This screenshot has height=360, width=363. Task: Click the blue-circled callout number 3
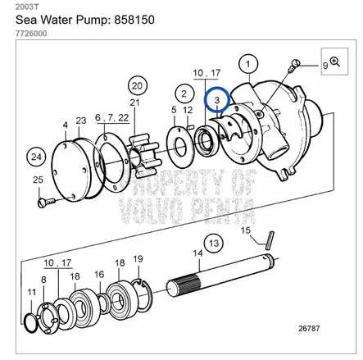[217, 100]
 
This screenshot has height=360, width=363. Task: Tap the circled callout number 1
[248, 64]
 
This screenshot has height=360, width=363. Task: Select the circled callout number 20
[138, 86]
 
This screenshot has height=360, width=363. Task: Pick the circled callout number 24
[36, 157]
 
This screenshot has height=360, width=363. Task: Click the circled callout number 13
[214, 243]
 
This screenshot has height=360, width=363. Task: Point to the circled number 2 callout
[184, 93]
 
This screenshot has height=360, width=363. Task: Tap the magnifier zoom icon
[335, 62]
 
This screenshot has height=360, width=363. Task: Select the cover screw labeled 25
[47, 203]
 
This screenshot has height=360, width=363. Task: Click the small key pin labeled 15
[270, 240]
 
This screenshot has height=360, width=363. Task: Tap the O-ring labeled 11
[29, 323]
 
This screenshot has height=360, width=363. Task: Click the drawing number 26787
[309, 328]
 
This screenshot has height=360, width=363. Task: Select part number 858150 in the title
[134, 20]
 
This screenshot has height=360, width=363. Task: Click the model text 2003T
[27, 7]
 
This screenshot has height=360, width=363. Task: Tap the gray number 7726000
[31, 34]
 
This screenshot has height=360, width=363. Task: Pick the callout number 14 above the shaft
[198, 253]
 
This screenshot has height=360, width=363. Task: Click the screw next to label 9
[294, 66]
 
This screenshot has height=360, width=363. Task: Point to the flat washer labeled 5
[180, 145]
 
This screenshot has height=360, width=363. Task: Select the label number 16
[99, 274]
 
